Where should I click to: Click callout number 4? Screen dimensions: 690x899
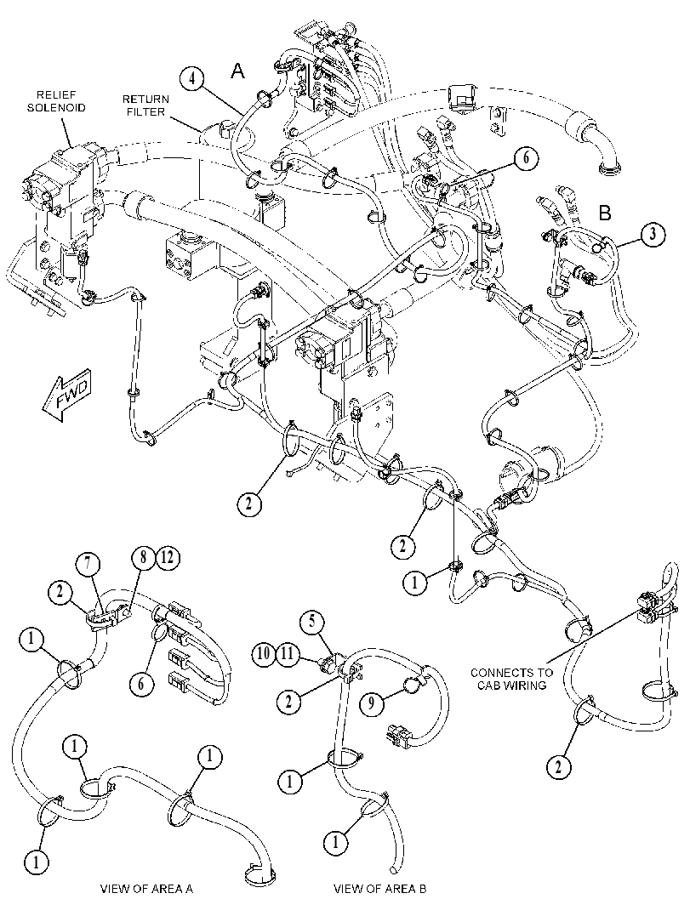click(x=193, y=79)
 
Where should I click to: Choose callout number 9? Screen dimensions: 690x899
click(x=371, y=703)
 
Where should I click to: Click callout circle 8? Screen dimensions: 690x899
click(x=143, y=557)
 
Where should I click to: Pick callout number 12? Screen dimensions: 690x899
click(x=168, y=557)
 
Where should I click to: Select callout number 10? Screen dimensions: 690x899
click(x=265, y=654)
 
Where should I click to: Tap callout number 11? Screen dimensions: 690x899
click(x=289, y=654)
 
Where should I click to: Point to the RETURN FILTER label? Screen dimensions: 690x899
click(x=145, y=105)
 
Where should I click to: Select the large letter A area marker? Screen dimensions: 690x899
click(x=237, y=71)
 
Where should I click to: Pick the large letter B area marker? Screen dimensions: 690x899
click(x=605, y=213)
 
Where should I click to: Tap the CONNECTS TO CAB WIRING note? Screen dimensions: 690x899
click(x=511, y=679)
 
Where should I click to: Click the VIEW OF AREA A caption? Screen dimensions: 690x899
click(x=146, y=889)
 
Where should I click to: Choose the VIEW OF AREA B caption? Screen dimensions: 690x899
click(x=380, y=889)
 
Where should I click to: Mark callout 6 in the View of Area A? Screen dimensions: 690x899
click(x=142, y=683)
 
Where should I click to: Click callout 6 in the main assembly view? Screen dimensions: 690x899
click(x=526, y=157)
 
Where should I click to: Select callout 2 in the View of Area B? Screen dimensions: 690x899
click(x=288, y=701)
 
